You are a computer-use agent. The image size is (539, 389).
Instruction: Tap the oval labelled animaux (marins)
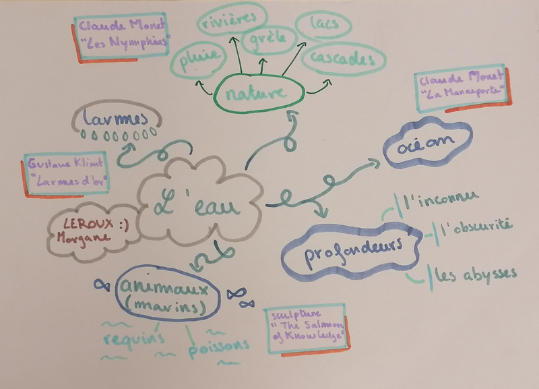tap(168, 295)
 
